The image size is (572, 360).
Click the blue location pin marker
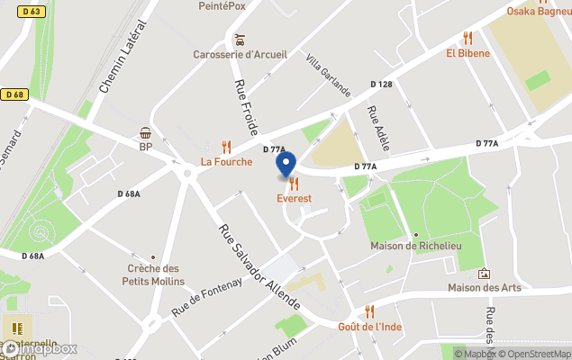tap(285, 165)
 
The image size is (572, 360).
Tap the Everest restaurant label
tap(295, 198)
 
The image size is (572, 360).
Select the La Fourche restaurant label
tap(226, 162)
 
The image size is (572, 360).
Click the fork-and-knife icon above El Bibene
tap(468, 38)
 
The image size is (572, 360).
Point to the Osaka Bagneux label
tap(539, 12)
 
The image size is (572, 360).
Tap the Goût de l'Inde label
tap(369, 326)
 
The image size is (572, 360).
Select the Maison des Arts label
tap(484, 288)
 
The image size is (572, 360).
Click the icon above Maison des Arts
tap(484, 274)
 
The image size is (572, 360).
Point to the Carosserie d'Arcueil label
tap(240, 54)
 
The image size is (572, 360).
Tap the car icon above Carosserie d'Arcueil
tap(240, 40)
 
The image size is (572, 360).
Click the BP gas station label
tap(145, 147)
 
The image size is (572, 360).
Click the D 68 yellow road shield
tap(14, 94)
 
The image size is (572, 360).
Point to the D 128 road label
tap(382, 85)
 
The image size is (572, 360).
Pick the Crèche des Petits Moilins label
tap(152, 274)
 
